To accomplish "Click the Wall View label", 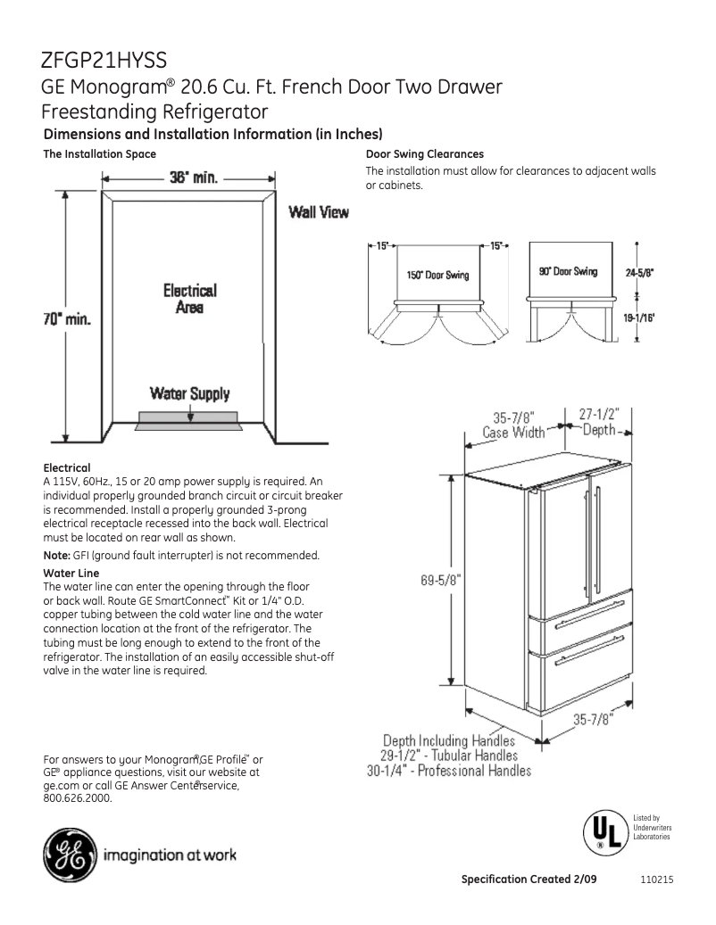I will pyautogui.click(x=318, y=213).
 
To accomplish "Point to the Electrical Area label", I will pyautogui.click(x=188, y=299).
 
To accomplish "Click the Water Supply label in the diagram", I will pyautogui.click(x=188, y=392).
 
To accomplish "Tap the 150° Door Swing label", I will pyautogui.click(x=437, y=275).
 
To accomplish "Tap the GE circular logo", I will pyautogui.click(x=69, y=857).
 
